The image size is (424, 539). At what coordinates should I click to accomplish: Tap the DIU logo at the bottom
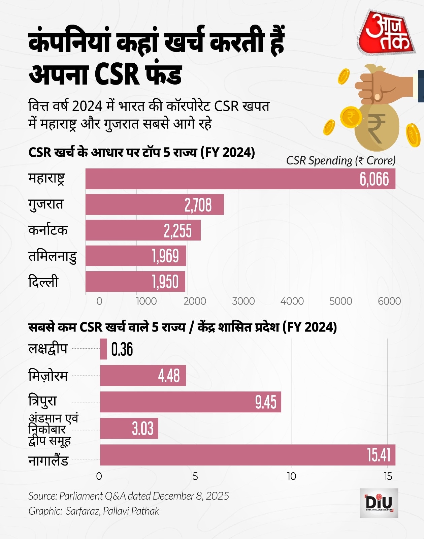point(379,503)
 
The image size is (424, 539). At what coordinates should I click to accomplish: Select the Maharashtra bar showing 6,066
point(240,179)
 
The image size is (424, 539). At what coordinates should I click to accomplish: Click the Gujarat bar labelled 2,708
point(155,204)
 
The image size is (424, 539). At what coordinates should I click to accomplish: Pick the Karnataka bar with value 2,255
point(143,230)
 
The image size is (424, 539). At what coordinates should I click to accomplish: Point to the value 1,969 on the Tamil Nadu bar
point(165,256)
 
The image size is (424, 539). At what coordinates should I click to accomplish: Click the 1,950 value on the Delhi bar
point(165,282)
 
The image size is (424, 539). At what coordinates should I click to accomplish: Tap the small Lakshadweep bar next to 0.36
point(103,349)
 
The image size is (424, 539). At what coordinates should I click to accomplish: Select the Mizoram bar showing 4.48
point(143,376)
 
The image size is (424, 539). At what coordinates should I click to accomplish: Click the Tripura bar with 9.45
point(190,402)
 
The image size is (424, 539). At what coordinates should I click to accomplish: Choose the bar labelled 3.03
point(129,429)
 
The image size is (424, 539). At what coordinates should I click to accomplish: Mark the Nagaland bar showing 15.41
point(248,455)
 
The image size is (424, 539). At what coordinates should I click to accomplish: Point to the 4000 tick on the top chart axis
point(292,301)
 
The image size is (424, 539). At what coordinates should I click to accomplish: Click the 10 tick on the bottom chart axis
point(291,476)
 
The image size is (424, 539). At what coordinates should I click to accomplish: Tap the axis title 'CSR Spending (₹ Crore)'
point(341,161)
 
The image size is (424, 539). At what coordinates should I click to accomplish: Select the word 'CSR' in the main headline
point(117,74)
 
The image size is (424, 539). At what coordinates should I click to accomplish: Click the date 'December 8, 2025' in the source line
point(191,496)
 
